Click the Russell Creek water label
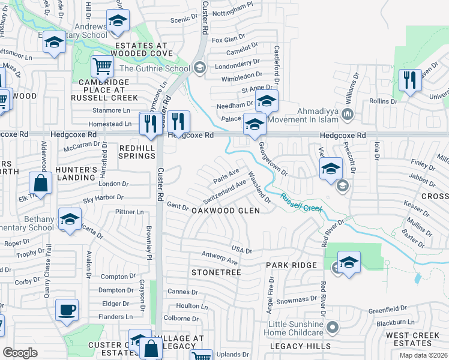pos(301,202)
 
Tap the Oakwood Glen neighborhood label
pos(225,211)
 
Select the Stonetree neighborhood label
pos(216,272)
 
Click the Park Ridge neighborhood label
pos(291,265)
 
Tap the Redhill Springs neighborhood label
pos(137,152)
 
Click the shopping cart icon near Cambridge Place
pos(103,66)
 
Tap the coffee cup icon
pos(67,310)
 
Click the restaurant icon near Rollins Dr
pos(410,80)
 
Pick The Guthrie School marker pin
pos(200,68)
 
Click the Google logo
pos(20,353)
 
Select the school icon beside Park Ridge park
pos(349,262)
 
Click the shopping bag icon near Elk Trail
pos(40,183)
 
